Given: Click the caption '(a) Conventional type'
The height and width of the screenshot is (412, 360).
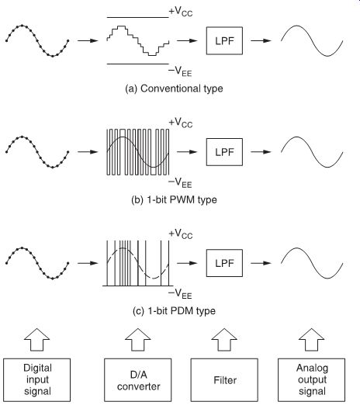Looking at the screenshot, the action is tap(174, 88).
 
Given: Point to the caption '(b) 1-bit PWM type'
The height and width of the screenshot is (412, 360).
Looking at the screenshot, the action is tap(174, 200).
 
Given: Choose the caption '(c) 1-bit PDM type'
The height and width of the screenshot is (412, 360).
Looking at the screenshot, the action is tap(174, 311).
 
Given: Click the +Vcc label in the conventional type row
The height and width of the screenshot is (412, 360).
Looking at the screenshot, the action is tap(181, 12).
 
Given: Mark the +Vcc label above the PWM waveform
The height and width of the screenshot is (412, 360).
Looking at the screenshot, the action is tap(181, 123).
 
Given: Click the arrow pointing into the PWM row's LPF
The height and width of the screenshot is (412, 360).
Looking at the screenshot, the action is tap(187, 152).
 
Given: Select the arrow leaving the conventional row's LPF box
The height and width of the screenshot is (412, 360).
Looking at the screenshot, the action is tap(261, 40).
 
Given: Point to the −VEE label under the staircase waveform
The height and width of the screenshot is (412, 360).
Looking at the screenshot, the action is tap(180, 71).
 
